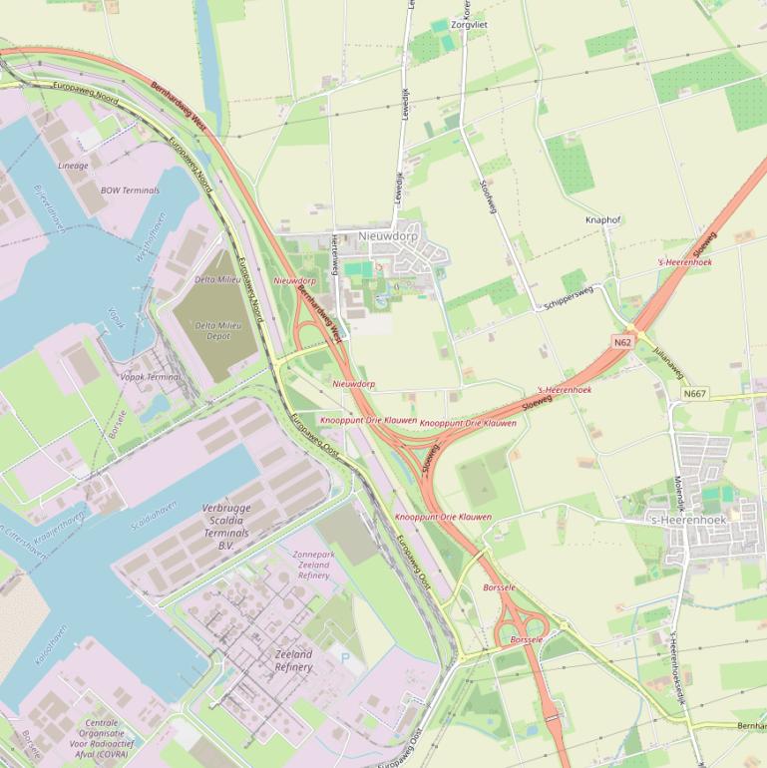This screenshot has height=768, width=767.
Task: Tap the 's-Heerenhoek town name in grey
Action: (x=688, y=520)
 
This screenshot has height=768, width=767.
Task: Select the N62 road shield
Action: (x=622, y=342)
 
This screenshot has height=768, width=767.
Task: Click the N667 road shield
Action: (x=695, y=394)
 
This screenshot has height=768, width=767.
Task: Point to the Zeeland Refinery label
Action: (x=293, y=660)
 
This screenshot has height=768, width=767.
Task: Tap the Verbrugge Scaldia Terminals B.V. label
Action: (x=226, y=527)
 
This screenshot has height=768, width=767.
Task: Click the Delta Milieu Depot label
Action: (x=218, y=331)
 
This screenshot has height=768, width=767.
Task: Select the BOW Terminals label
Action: (x=130, y=190)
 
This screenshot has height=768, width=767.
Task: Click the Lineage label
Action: (x=73, y=166)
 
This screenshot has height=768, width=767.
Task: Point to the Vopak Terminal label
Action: (x=150, y=377)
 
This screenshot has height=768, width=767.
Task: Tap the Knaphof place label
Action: (x=603, y=219)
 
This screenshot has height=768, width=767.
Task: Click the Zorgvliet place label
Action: (x=470, y=24)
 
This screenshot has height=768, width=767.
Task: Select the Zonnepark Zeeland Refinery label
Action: (x=313, y=565)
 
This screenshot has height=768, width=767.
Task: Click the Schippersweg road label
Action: (x=569, y=297)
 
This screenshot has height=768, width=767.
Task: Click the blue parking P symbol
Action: (x=345, y=657)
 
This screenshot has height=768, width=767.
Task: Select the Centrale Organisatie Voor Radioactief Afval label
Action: (x=100, y=739)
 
